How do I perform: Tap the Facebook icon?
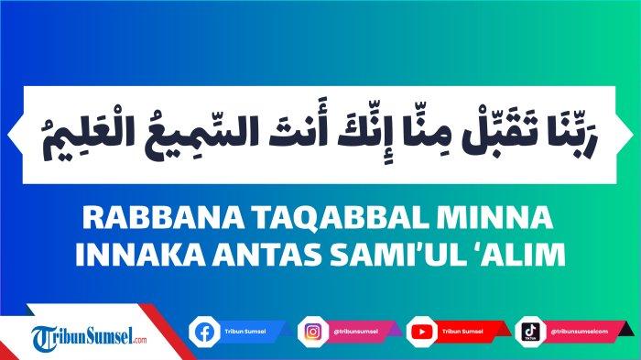(x=203, y=330)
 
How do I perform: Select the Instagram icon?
(x=311, y=330)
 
